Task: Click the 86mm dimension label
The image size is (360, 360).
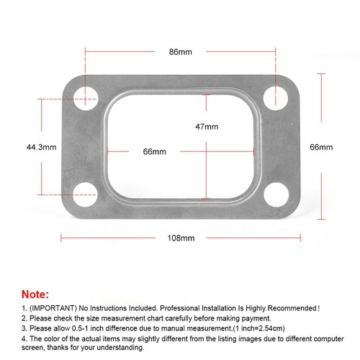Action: tap(180, 52)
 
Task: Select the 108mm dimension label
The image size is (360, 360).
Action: tap(181, 238)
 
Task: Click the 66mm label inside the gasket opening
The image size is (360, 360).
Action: tap(155, 152)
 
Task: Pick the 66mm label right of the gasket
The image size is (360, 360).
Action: tap(321, 147)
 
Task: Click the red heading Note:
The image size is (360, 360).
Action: tap(36, 294)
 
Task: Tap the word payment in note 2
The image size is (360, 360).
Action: tap(230, 318)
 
